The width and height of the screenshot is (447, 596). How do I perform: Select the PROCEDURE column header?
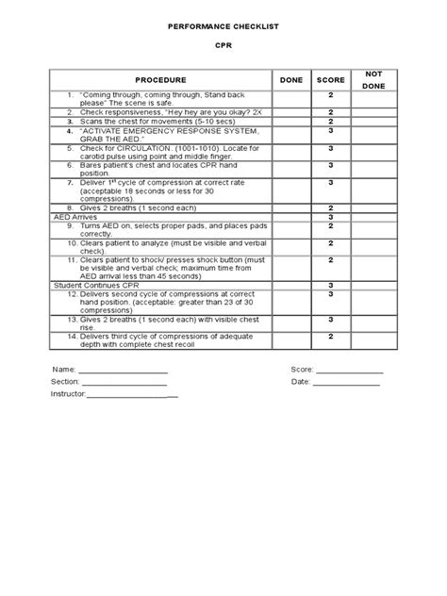click(x=159, y=80)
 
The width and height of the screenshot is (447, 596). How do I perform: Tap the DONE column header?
click(x=291, y=80)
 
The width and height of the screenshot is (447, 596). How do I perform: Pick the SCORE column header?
click(x=331, y=80)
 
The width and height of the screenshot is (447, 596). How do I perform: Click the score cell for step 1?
click(x=331, y=96)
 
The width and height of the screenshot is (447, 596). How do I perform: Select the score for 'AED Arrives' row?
click(x=331, y=217)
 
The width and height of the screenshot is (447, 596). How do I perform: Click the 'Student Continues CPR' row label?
click(x=94, y=285)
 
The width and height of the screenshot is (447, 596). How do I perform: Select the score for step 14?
click(x=331, y=336)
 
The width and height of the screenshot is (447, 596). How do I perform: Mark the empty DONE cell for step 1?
click(x=291, y=99)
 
